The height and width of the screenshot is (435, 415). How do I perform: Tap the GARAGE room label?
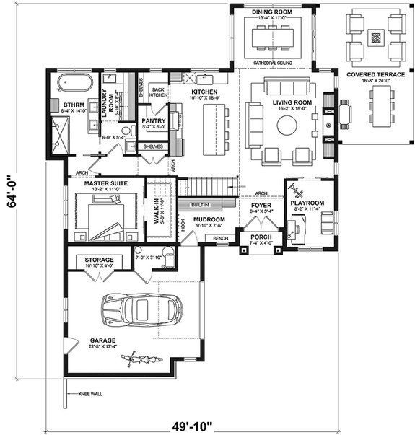point(103,340)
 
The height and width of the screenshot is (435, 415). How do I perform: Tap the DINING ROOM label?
point(271,12)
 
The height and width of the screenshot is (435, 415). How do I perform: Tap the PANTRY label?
point(154,120)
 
